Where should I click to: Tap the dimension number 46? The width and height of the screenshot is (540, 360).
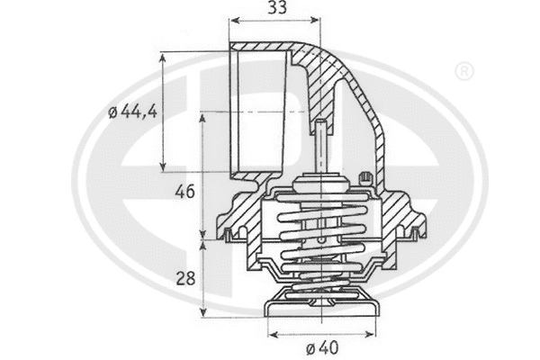(x=184, y=193)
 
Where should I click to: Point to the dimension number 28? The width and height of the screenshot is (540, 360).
(x=184, y=278)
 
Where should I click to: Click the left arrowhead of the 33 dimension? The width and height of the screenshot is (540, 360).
(x=233, y=20)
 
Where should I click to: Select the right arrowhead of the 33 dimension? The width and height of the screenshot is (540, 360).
(x=317, y=20)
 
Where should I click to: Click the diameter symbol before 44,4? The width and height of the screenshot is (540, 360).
(x=112, y=112)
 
